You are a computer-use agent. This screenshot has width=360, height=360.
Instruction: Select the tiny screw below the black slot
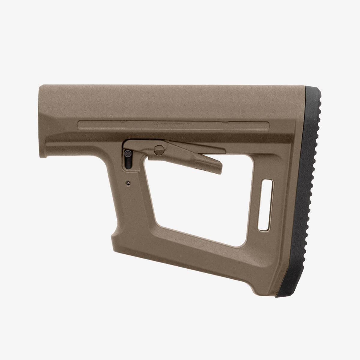coord(128,182)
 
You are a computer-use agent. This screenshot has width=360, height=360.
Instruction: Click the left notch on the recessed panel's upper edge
coord(123,121)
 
